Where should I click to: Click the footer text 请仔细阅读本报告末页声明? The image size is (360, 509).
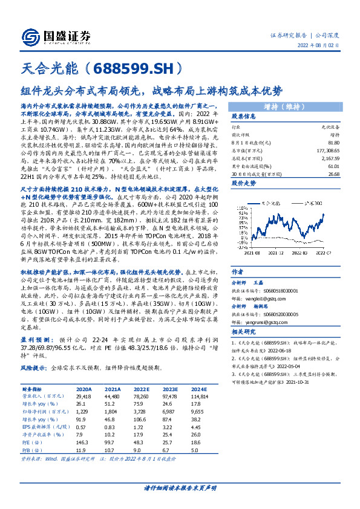(x=180, y=488)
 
